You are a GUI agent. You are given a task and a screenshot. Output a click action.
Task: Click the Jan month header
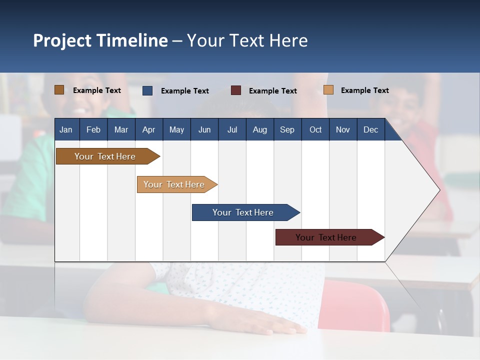[x=66, y=129]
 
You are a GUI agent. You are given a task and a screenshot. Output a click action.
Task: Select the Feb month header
[x=93, y=129]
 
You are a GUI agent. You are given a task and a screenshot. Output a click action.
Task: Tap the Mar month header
[x=121, y=129]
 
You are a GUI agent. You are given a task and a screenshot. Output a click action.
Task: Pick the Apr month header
[x=149, y=129]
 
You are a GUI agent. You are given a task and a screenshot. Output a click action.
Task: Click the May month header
[x=176, y=129]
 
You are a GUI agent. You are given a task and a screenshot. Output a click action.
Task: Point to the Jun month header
[x=204, y=129]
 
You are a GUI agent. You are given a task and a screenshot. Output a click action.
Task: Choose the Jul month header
[x=232, y=129]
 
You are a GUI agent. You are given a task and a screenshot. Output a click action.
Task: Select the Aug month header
[x=260, y=129]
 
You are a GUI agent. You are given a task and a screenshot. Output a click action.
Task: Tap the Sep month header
[x=287, y=129]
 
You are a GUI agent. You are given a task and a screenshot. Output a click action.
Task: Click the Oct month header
[x=315, y=129]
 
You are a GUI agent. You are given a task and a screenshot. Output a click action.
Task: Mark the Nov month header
[x=343, y=129]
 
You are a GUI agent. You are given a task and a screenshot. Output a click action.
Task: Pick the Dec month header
[x=371, y=129]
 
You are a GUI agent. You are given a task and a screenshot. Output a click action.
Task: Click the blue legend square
[x=147, y=90]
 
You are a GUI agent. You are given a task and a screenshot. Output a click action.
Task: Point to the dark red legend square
[x=236, y=90]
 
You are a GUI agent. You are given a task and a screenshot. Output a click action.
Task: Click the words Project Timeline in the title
[x=100, y=40]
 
